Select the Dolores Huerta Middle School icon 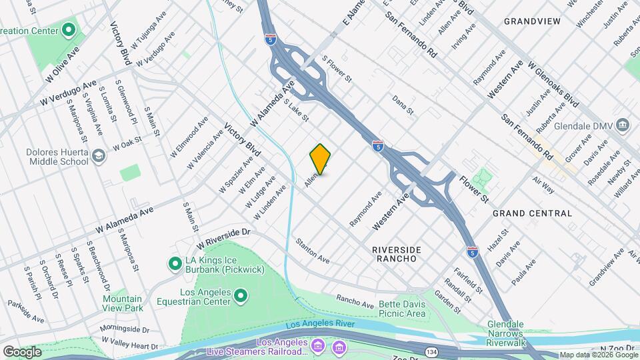tap(99, 156)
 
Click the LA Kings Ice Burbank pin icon tap(174, 264)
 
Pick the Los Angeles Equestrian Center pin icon tap(241, 295)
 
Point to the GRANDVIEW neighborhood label tap(532, 21)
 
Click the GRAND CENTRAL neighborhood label tap(532, 213)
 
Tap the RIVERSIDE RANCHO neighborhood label tap(397, 253)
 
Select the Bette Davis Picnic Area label tap(401, 309)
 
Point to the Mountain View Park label tap(123, 304)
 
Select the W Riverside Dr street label tap(223, 239)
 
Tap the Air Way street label tap(543, 185)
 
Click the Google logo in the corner tap(22, 351)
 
